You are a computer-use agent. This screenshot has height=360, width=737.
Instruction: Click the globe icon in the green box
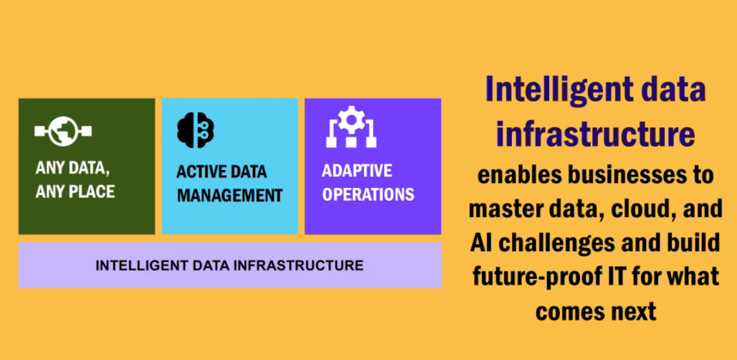[x=62, y=131]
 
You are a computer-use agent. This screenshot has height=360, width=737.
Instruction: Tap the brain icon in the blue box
[x=196, y=131]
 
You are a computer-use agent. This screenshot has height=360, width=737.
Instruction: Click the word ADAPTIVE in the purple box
[x=357, y=171]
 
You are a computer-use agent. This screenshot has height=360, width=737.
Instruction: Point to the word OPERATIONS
[x=368, y=194]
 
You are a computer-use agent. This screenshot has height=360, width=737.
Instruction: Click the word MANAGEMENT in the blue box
[x=230, y=195]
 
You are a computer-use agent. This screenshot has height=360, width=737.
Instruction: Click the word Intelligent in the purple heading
[x=553, y=90]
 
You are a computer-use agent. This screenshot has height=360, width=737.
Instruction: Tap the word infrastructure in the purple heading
[x=596, y=133]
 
